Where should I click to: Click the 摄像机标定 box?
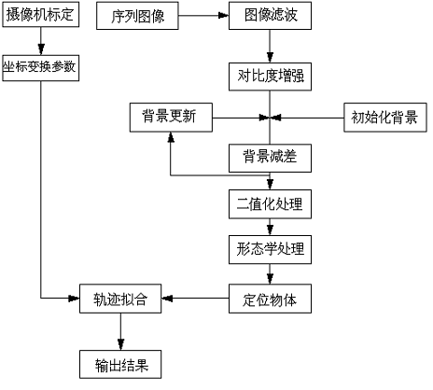[x=43, y=17]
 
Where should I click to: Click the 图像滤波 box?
[x=270, y=17]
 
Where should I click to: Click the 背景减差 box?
[x=270, y=156]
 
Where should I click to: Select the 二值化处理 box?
[x=270, y=202]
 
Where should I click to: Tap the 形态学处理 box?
[x=270, y=249]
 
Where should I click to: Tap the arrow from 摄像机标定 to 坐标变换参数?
[x=42, y=43]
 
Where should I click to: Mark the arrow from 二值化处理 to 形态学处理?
[x=270, y=226]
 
